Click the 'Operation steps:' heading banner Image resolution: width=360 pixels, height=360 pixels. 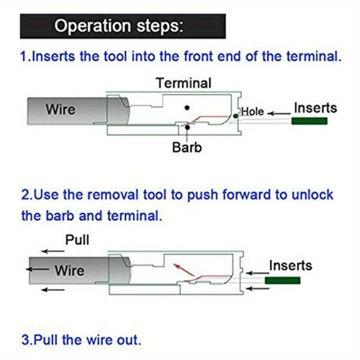click(122, 26)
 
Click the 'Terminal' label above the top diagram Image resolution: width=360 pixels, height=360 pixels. click(183, 83)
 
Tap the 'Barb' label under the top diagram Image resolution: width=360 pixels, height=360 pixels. click(187, 147)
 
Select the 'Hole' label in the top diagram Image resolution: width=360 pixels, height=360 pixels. click(253, 112)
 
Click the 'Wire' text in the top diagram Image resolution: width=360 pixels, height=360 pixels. click(60, 109)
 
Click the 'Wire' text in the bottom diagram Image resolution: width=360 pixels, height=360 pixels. click(69, 270)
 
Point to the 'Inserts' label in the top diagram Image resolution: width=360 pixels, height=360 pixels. click(315, 108)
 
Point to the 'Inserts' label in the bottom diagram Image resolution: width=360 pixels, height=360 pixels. click(290, 265)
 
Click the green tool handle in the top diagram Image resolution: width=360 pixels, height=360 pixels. click(310, 121)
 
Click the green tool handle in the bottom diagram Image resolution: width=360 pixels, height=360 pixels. click(283, 280)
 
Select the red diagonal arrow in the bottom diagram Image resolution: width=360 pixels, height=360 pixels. click(184, 270)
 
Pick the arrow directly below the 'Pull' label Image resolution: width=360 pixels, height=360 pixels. click(54, 251)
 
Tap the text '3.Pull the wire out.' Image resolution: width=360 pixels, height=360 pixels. click(81, 338)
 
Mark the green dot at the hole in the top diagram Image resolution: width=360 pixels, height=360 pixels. click(235, 116)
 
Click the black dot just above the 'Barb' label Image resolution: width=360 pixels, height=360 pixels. click(187, 127)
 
